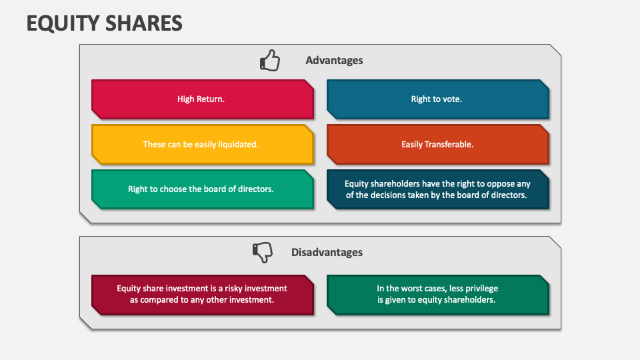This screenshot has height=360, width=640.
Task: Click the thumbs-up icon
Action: click(269, 61)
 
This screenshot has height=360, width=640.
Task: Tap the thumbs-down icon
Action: click(263, 252)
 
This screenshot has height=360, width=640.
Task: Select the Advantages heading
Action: click(334, 60)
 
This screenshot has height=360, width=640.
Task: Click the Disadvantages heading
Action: click(327, 252)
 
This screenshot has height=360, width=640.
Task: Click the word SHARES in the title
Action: click(143, 23)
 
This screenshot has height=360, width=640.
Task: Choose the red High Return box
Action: click(202, 99)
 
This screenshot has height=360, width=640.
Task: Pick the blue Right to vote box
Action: click(437, 99)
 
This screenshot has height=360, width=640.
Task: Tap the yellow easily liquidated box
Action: click(202, 144)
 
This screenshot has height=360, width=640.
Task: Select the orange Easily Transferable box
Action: click(437, 144)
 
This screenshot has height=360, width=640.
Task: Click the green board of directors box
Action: click(202, 189)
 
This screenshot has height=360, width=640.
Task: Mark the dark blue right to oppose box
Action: click(437, 189)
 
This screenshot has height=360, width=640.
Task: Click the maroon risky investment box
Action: click(202, 294)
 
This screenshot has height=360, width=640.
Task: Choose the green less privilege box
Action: click(437, 294)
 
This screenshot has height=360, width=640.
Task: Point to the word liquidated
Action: click(237, 144)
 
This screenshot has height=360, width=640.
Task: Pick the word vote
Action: click(451, 99)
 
